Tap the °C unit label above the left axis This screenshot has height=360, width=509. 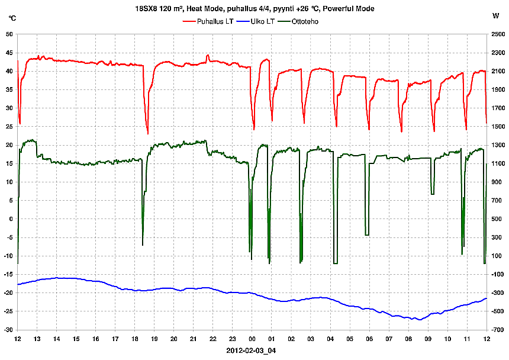[12, 18]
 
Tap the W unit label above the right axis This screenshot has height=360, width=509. [495, 18]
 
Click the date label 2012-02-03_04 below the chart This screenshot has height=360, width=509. [251, 350]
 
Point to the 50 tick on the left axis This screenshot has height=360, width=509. [9, 34]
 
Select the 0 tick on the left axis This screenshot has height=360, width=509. [11, 219]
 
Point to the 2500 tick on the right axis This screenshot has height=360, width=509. [498, 34]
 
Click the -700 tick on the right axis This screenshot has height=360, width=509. [498, 330]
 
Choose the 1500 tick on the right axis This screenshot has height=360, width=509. [498, 127]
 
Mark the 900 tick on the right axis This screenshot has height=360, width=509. [498, 182]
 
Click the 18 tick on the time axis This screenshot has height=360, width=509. [135, 339]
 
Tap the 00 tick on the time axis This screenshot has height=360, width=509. [252, 339]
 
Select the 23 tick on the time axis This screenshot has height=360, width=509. [233, 339]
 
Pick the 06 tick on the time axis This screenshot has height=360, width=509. [369, 339]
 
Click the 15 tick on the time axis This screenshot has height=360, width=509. [76, 339]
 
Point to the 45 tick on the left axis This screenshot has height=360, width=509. [9, 53]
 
